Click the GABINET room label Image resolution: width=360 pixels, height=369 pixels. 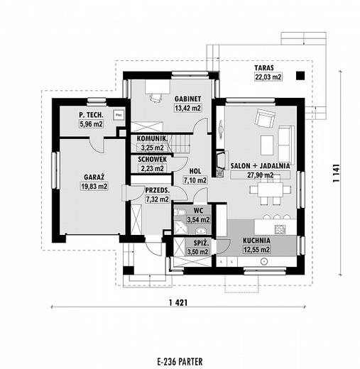point(187,99)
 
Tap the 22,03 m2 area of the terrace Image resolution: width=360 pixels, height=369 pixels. point(268,77)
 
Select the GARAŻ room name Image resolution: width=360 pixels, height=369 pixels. point(94,177)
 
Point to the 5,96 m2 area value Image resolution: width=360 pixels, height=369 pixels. point(91,124)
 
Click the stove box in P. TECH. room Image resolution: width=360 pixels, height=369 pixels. point(119,115)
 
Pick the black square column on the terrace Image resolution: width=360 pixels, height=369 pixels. point(300,76)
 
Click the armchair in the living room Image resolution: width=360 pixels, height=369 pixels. point(265,118)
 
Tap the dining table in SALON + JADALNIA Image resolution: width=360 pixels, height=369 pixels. point(271,189)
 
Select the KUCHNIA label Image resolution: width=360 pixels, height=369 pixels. point(256,241)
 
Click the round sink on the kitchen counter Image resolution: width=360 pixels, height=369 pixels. point(263,261)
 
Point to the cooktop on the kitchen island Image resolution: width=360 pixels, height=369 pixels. point(280,229)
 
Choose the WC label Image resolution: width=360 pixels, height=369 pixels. point(198,211)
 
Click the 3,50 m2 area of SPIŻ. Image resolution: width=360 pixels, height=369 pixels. point(198,252)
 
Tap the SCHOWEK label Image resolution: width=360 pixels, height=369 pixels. point(153,160)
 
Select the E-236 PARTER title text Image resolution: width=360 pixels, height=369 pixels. point(180,362)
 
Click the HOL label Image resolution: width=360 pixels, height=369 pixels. point(195,171)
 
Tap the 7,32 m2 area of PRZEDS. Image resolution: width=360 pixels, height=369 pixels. point(158,199)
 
